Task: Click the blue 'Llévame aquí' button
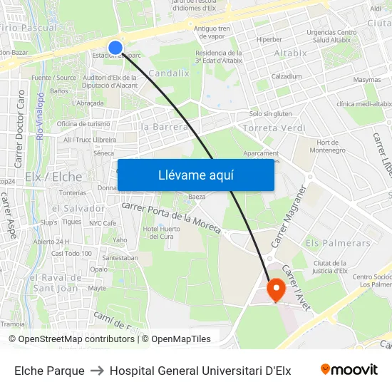coord(195,175)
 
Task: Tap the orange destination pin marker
coord(275,289)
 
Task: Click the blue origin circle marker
coord(115,48)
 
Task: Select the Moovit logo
coord(349,370)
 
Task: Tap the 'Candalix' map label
coord(169,73)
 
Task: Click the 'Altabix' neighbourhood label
coord(290,53)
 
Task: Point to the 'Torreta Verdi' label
coord(274,128)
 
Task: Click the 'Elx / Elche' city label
coord(53,176)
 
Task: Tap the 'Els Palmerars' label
coord(338,243)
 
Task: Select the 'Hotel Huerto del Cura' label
coord(158,232)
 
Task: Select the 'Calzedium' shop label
coord(286,76)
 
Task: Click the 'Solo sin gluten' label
coord(270,113)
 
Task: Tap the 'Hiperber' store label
coord(269,40)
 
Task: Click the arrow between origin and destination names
coord(97,371)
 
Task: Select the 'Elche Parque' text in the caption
coord(49,371)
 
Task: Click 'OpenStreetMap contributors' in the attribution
coord(76,339)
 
